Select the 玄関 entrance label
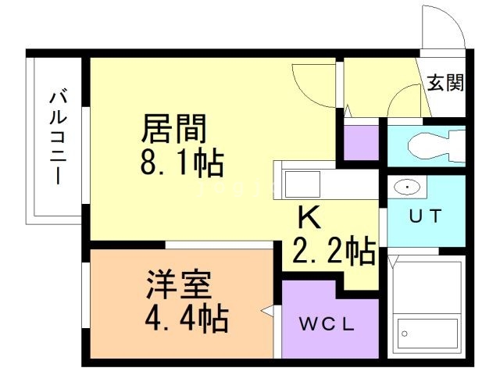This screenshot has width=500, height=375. (445, 82)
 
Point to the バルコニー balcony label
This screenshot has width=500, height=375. (58, 137)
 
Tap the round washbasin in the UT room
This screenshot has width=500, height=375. (407, 188)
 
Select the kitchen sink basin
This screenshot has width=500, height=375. (301, 186)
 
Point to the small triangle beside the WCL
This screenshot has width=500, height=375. (267, 312)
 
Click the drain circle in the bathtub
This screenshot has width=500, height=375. (405, 334)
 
